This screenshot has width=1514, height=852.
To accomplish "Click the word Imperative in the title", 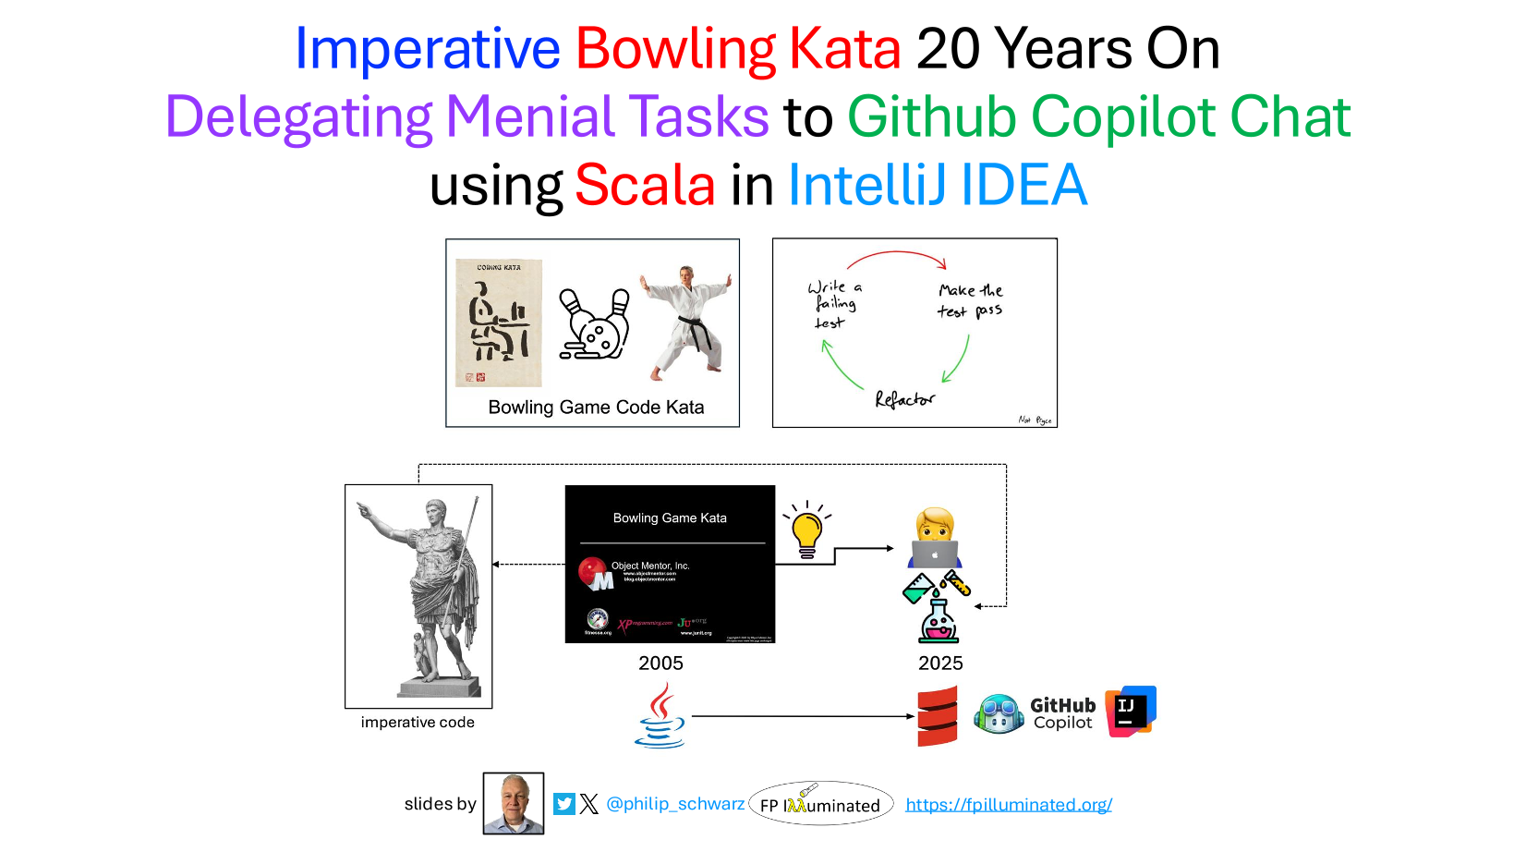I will click(x=427, y=49).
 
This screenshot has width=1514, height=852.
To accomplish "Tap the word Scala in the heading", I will click(x=645, y=185).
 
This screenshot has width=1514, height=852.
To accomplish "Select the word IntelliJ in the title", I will click(x=867, y=185).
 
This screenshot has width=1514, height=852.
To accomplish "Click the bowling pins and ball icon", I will click(x=595, y=324).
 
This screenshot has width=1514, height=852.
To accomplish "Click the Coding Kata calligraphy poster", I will click(x=499, y=323).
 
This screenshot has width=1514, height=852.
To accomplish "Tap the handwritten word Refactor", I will click(x=904, y=399).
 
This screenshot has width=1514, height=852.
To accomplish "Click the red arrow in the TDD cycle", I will click(x=897, y=255).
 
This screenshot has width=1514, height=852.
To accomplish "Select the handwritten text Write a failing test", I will click(x=835, y=304).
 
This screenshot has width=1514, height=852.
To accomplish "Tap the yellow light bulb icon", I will click(x=807, y=531).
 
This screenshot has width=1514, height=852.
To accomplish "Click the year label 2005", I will click(x=660, y=663).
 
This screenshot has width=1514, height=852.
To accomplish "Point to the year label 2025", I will click(x=940, y=663).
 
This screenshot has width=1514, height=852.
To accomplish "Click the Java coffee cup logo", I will click(x=660, y=716).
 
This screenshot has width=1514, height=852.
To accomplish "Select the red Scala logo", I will click(x=937, y=716).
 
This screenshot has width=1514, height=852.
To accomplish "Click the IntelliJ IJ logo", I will click(x=1131, y=712).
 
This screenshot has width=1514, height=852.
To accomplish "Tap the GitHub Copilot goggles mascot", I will click(x=999, y=714).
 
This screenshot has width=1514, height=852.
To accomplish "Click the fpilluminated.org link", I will click(x=1009, y=805).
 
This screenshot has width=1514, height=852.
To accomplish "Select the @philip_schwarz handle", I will click(x=674, y=804).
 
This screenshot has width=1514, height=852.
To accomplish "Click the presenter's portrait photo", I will click(x=514, y=803).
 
